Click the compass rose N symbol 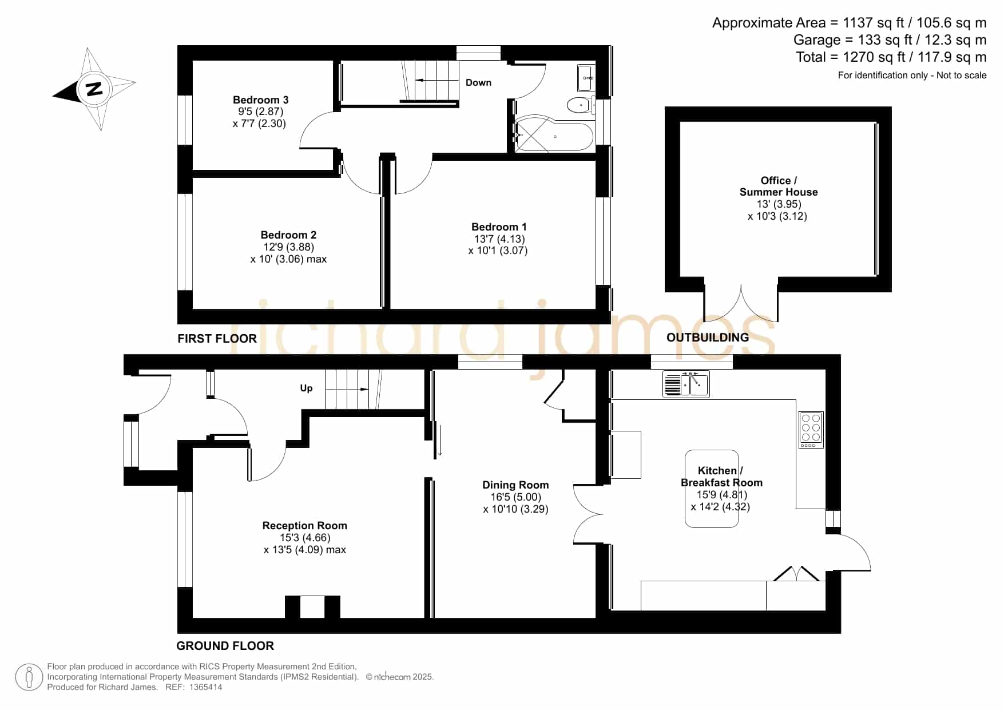click(x=94, y=89)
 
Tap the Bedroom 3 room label click(x=260, y=100)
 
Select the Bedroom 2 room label click(x=288, y=235)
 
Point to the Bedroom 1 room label click(x=499, y=227)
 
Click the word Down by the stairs click(x=478, y=82)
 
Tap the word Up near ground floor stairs click(x=307, y=388)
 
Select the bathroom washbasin click(x=586, y=77)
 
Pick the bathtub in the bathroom click(x=554, y=137)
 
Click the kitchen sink click(x=686, y=384)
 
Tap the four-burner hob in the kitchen click(x=811, y=430)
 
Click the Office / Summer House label click(x=779, y=187)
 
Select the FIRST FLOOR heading click(x=217, y=339)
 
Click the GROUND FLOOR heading click(x=225, y=646)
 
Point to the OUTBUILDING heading click(x=708, y=338)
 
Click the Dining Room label click(x=515, y=485)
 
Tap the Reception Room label click(x=305, y=526)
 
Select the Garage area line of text click(x=890, y=40)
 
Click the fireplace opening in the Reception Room click(x=312, y=607)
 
